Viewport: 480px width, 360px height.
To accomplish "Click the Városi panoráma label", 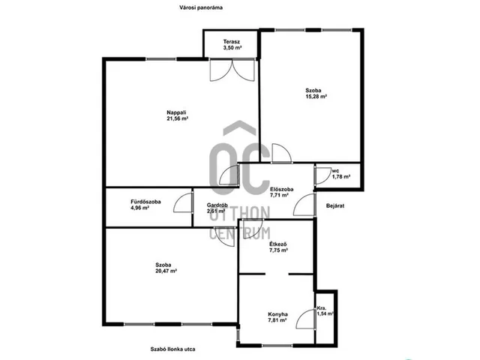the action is (x=201, y=7).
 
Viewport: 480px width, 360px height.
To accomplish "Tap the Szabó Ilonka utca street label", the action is (x=172, y=349).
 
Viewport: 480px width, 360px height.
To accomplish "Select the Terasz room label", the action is (x=232, y=42).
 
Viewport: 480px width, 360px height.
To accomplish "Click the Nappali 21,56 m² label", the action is (x=177, y=115).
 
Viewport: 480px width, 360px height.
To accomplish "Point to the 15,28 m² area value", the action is (x=316, y=97).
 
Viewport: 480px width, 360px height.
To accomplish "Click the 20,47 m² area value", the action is (x=166, y=271).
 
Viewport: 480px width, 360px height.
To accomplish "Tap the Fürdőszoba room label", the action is (x=145, y=202).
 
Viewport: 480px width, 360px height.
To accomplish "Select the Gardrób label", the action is (x=217, y=205).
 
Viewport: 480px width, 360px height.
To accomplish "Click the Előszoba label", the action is (x=282, y=189).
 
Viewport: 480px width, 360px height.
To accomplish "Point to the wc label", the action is (x=335, y=171).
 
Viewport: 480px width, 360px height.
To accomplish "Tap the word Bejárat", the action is (x=335, y=205).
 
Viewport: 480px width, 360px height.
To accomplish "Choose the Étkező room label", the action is (x=278, y=244).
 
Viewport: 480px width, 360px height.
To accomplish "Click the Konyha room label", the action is (x=278, y=314).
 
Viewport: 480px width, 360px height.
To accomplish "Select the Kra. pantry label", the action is (x=322, y=308).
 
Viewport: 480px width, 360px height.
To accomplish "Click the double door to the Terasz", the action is (x=232, y=70).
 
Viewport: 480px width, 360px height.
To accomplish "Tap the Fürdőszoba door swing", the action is (x=183, y=203).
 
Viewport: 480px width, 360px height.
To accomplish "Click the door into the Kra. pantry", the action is (x=306, y=319).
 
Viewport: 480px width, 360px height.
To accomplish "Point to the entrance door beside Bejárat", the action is (x=304, y=205).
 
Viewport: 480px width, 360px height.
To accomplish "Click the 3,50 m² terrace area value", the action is (x=232, y=48).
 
